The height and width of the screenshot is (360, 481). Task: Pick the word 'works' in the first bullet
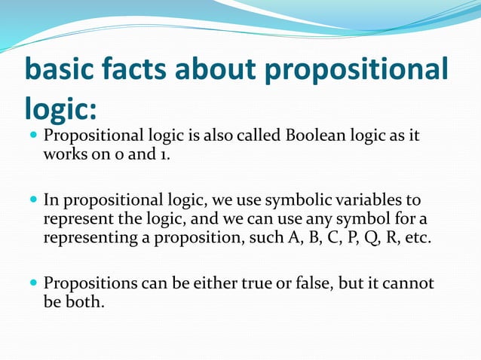coord(65,154)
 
